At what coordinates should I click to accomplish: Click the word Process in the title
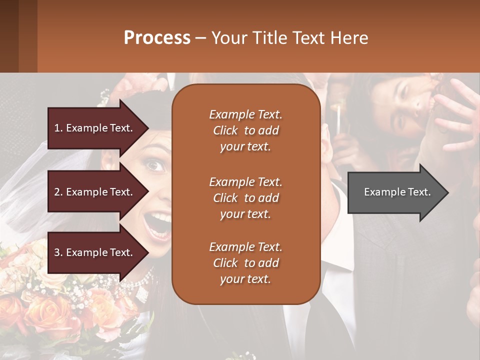point(157,38)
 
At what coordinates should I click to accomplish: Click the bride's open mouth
point(159,223)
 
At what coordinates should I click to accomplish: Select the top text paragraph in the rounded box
point(245,130)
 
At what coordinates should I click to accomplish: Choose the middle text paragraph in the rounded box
point(245,198)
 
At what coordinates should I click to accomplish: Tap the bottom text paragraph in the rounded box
point(245,263)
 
